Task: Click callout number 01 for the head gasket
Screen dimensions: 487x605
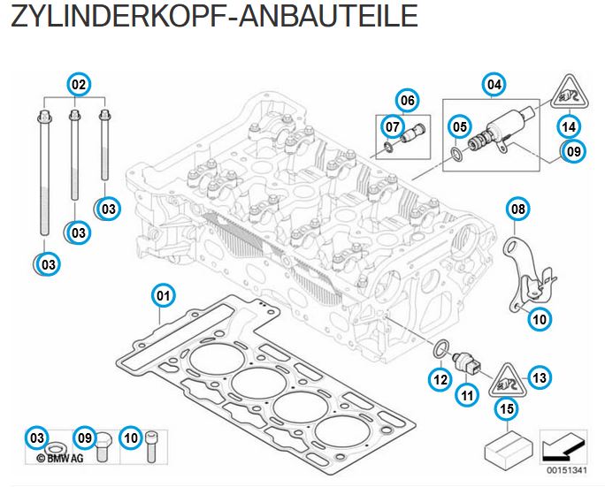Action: pos(163,294)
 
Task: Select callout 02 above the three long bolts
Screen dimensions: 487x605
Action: pos(79,85)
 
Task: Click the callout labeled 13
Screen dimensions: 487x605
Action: pos(540,377)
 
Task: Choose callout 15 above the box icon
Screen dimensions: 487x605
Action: pos(505,408)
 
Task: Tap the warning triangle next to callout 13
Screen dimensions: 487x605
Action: pos(506,381)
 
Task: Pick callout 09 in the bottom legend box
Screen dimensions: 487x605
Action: pos(84,436)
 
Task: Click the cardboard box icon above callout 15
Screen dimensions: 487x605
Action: pos(509,444)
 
